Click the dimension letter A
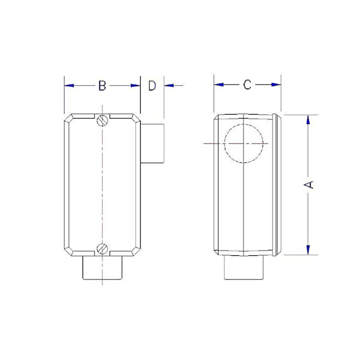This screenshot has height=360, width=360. click(x=310, y=184)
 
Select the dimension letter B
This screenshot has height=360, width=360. click(x=102, y=85)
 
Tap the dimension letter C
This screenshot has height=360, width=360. click(x=248, y=85)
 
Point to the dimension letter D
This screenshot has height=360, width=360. click(x=152, y=85)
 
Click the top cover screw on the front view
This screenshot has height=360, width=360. click(x=102, y=120)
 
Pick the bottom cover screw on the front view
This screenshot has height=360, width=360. click(x=102, y=249)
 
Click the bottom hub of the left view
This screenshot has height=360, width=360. click(x=102, y=268)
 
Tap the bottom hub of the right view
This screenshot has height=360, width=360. click(x=244, y=269)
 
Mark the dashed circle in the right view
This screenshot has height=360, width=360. click(x=244, y=143)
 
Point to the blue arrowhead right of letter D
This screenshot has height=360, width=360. click(x=169, y=85)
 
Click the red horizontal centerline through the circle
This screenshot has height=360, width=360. click(x=213, y=143)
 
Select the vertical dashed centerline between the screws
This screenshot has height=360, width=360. click(x=102, y=183)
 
